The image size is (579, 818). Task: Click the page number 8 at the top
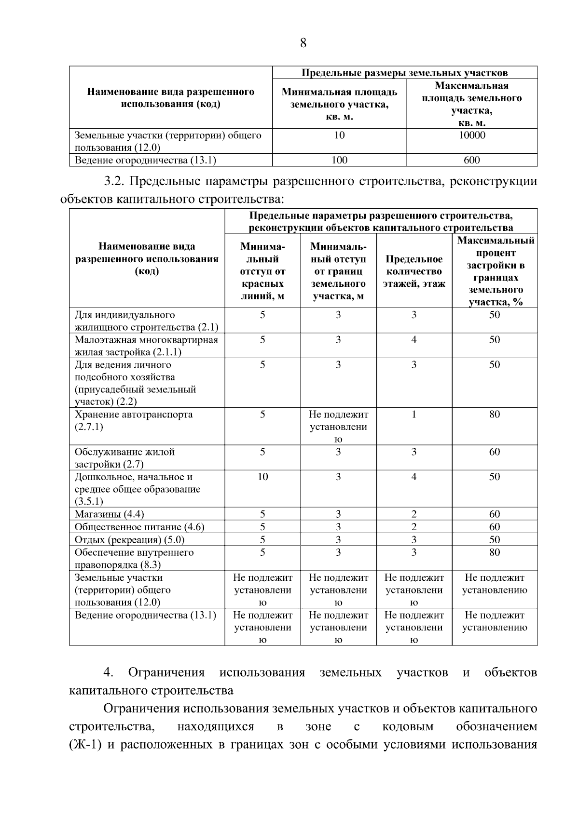tap(303, 43)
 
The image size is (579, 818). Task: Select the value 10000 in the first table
tap(471, 135)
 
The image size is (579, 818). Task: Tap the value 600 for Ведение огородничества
tap(471, 160)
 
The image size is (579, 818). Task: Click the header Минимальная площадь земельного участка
tap(339, 104)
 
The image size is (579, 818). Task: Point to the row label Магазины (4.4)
tap(109, 514)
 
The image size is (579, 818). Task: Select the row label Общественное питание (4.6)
tap(139, 527)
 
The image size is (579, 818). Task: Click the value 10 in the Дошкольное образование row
tap(262, 477)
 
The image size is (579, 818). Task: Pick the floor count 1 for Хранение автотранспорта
tap(414, 415)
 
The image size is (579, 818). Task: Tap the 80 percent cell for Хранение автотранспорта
tap(495, 415)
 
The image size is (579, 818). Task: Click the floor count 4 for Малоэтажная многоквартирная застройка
tap(414, 340)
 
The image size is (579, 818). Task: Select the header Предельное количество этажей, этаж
tap(414, 271)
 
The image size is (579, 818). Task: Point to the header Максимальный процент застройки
tap(495, 271)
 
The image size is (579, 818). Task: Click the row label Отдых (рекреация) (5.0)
tap(129, 539)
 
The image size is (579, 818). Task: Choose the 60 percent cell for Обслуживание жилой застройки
tap(495, 452)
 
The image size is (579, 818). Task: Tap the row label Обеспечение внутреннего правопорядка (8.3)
tap(134, 558)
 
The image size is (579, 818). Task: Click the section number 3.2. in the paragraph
tap(114, 181)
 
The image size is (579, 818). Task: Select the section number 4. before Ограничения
tap(108, 672)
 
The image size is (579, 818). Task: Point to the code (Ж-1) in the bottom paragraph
tap(85, 745)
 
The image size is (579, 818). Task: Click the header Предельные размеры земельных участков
tap(404, 73)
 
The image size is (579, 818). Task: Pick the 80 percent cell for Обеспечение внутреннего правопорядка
tap(495, 552)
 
